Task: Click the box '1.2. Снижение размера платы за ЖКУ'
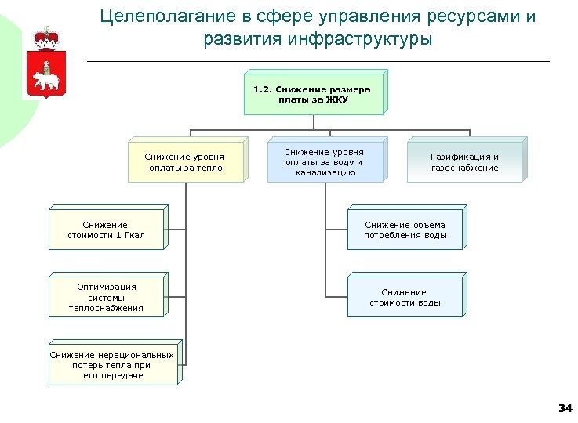(312, 95)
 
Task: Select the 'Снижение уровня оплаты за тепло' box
(184, 162)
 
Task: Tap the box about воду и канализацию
(324, 162)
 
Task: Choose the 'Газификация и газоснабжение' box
(464, 162)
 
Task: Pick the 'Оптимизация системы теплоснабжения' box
(107, 297)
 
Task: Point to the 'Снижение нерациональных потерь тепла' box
(112, 365)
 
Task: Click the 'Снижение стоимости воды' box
(405, 297)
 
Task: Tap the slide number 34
(565, 408)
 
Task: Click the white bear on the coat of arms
(45, 78)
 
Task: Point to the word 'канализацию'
(324, 172)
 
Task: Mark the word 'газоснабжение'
(464, 168)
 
